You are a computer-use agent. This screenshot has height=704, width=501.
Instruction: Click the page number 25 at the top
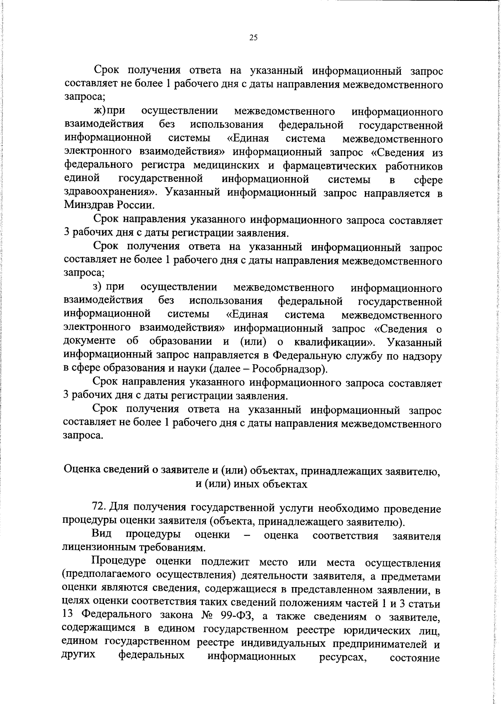coord(253,38)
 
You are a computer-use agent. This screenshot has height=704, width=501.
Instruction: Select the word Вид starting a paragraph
coord(101,534)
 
